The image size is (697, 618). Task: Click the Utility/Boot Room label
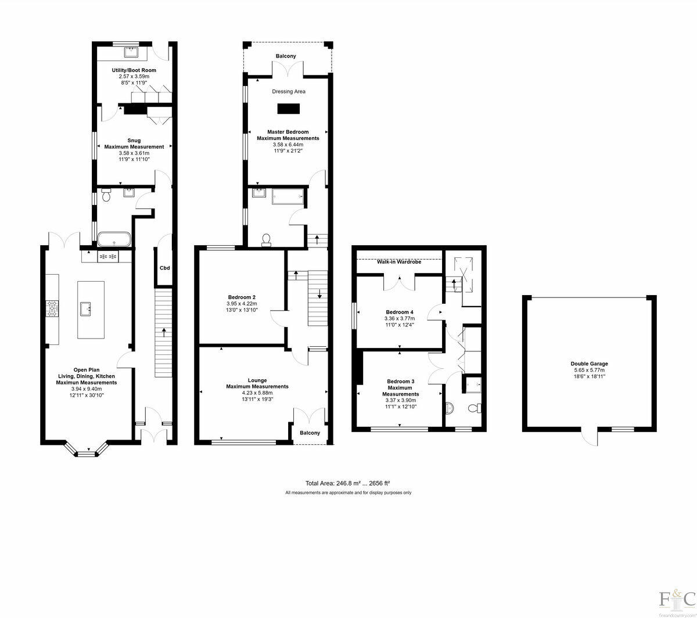point(134,70)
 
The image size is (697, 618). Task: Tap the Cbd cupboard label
point(165,268)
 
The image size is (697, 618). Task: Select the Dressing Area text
point(289,92)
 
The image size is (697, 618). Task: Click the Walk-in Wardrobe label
point(399,262)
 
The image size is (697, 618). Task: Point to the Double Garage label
point(590,364)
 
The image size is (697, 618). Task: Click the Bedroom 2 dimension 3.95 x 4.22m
point(242,304)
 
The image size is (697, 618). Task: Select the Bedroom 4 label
point(400,312)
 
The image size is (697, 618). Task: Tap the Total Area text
point(347,483)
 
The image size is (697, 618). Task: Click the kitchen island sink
point(85,308)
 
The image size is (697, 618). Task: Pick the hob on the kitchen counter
point(52,308)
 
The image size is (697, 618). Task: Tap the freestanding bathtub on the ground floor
point(114,239)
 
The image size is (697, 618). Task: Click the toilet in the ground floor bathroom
point(106,195)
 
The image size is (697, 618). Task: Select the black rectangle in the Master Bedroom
point(289,109)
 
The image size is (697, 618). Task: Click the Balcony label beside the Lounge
point(310,433)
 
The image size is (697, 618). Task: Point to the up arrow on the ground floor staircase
point(164,332)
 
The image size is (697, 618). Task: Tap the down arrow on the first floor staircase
point(319,294)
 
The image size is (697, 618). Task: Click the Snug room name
point(134,141)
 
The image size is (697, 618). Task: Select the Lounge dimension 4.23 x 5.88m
point(257,393)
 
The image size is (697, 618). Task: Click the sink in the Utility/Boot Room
point(130,52)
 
